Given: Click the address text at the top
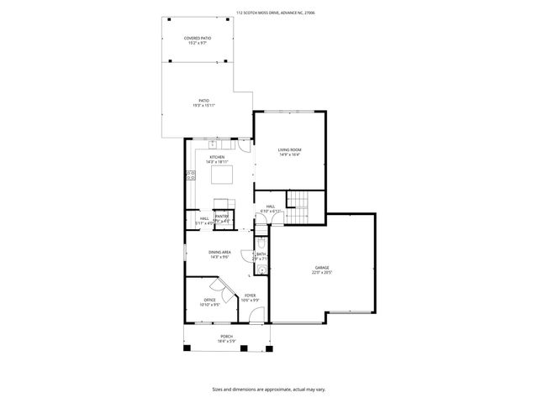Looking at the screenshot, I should [268, 13].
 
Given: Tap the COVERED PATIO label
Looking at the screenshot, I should [198, 40].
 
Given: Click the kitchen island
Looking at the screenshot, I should [221, 175].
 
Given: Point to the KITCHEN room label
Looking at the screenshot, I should [217, 159].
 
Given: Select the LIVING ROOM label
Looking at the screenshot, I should [290, 152].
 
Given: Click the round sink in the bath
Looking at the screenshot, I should [261, 270].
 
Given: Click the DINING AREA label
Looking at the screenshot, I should [219, 254].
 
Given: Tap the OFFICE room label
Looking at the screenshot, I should [210, 302].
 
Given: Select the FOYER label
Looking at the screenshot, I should [251, 297].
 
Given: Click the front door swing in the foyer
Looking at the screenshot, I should [256, 315].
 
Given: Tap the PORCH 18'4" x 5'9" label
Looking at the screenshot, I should [227, 338].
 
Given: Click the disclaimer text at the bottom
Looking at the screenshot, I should [268, 390].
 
